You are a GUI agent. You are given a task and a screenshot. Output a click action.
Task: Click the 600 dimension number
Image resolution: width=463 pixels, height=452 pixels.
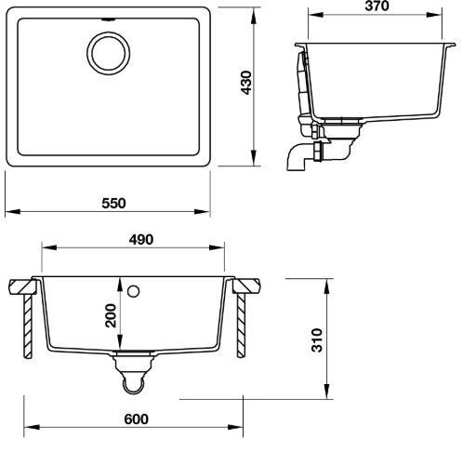click(135, 419)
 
